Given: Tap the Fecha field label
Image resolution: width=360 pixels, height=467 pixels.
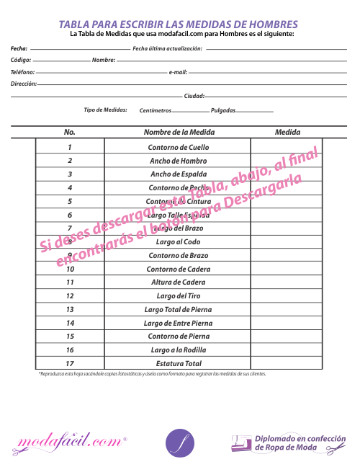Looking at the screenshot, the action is [x=19, y=48].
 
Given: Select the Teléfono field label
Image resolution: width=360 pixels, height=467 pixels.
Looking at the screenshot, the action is [x=22, y=72].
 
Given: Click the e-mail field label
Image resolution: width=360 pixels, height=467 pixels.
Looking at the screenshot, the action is [x=178, y=72].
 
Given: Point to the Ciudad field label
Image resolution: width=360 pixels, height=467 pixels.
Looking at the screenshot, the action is [x=194, y=96].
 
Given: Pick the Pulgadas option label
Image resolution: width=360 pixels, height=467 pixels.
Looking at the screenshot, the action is [x=222, y=110].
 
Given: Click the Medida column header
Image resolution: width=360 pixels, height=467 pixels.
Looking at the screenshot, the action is [x=287, y=133].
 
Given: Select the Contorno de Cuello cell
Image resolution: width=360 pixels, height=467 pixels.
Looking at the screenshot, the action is [x=178, y=147].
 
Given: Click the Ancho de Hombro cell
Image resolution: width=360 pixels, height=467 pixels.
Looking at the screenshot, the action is [x=178, y=161].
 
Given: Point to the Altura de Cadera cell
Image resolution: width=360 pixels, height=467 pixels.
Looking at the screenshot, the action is [x=178, y=283].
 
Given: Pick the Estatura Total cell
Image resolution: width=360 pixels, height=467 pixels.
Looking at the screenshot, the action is [x=178, y=363].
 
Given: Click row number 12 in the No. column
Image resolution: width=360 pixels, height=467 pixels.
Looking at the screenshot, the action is [x=70, y=296].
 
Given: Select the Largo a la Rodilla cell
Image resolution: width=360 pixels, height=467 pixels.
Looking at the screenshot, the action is [x=178, y=350].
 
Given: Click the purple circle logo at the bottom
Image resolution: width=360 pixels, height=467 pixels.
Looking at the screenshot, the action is [x=180, y=442].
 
